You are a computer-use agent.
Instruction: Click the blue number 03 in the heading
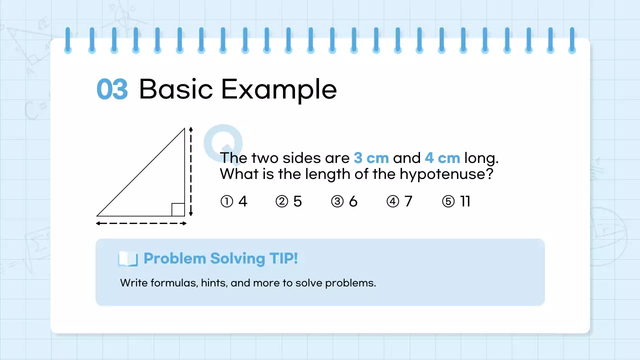pos(112,90)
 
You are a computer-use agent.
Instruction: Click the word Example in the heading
pos(278,90)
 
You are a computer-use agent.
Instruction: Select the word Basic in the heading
pos(176,90)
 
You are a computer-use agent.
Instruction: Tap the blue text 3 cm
pos(371,158)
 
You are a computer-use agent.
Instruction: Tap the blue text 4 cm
pos(442,158)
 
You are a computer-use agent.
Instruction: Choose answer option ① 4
pos(234,201)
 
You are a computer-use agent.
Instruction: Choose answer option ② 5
pos(289,201)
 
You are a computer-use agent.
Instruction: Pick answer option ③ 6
pos(344,201)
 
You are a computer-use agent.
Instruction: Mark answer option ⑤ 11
pos(456,201)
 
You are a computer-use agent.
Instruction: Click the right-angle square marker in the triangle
pos(178,209)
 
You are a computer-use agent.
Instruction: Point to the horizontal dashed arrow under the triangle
pos(141,223)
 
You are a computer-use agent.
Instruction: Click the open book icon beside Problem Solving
pos(127,258)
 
